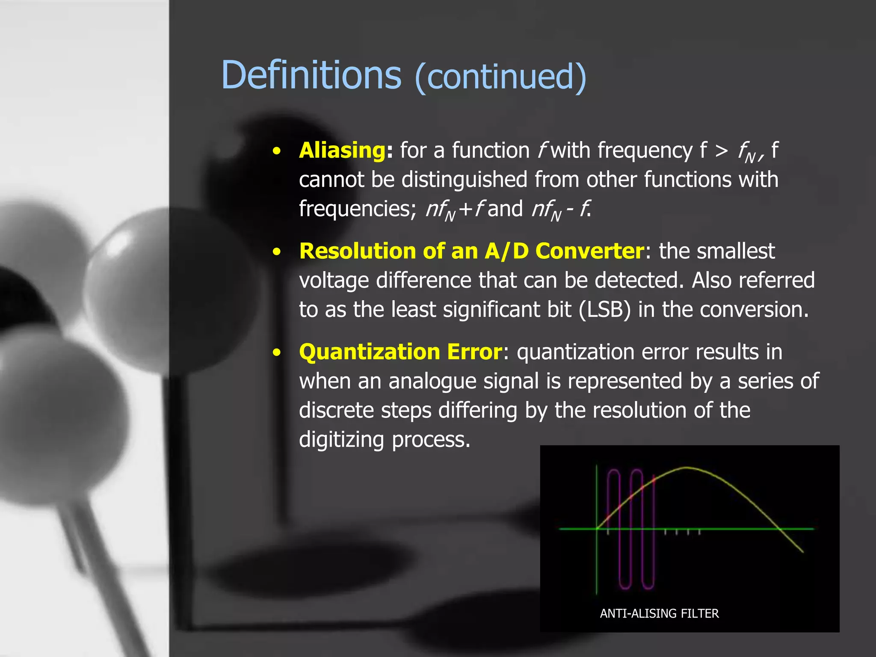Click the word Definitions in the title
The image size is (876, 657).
(x=311, y=76)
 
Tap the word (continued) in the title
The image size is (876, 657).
(x=500, y=77)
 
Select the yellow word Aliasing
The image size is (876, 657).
(x=342, y=151)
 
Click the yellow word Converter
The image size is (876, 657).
(x=589, y=251)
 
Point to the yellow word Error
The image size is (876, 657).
(x=474, y=352)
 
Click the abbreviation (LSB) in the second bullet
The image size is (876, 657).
(x=604, y=310)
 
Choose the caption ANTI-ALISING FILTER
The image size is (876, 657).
(x=659, y=613)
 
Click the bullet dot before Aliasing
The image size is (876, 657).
(x=277, y=151)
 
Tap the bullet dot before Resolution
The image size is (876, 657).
(x=277, y=252)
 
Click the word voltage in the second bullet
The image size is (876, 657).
(x=334, y=281)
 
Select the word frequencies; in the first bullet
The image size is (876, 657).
(x=358, y=209)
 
